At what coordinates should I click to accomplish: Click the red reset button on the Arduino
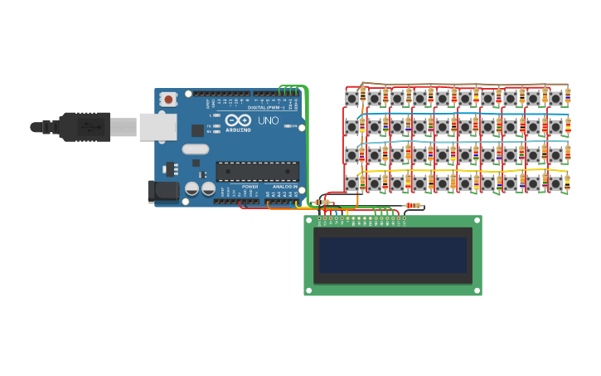(169, 99)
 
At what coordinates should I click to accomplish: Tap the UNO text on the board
(269, 121)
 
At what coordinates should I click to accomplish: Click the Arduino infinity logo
(238, 121)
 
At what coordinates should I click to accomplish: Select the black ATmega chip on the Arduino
(257, 171)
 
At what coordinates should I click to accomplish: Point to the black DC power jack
(163, 191)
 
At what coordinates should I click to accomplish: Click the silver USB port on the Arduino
(158, 127)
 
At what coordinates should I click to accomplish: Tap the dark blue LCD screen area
(394, 256)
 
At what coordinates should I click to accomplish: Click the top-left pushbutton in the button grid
(351, 98)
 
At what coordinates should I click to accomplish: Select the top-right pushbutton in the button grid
(555, 98)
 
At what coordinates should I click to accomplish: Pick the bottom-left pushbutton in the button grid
(351, 183)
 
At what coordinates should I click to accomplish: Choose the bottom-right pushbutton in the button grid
(555, 183)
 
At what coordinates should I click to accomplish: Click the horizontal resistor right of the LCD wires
(412, 206)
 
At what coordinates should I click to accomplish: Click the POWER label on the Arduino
(250, 187)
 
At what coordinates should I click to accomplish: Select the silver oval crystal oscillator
(196, 149)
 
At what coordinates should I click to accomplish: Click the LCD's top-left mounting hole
(309, 221)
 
